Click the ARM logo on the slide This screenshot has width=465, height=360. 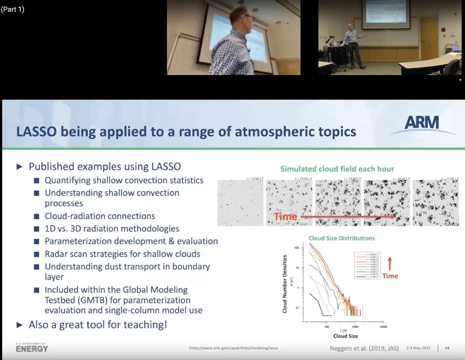point(422,124)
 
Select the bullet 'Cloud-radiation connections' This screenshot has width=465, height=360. point(100,216)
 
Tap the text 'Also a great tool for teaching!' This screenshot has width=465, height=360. point(98,324)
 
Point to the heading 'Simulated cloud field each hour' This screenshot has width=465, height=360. point(337,169)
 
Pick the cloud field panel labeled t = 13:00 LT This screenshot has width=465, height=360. point(240,203)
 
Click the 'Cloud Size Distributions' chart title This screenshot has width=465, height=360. point(341,238)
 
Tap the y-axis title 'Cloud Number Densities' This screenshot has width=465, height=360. point(285,284)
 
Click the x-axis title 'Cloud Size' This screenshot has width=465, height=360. point(345,336)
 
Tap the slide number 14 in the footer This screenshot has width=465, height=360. point(447,348)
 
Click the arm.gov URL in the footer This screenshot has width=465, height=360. point(233,348)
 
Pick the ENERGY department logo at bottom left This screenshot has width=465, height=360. point(32,348)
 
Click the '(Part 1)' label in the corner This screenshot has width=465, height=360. point(13,9)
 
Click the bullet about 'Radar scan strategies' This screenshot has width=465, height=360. point(122,254)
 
